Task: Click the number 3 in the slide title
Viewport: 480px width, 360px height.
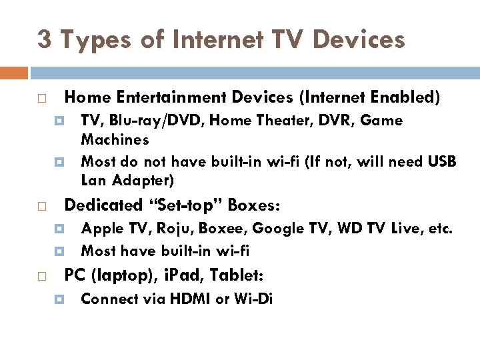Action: [x=44, y=39]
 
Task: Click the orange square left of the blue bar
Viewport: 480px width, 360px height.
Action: [x=14, y=73]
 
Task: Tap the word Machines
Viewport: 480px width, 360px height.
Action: [x=115, y=140]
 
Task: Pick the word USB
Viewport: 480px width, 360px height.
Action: [x=443, y=161]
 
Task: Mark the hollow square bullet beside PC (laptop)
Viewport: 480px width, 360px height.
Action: [x=41, y=275]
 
